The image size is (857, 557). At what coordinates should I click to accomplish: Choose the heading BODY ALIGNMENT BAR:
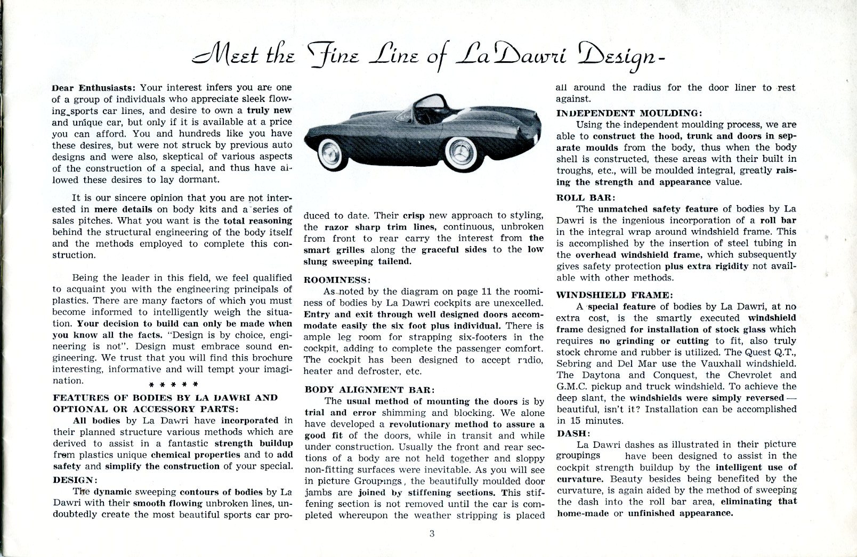[369, 389]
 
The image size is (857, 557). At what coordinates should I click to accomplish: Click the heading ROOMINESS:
[336, 280]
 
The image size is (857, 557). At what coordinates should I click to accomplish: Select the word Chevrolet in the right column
[746, 375]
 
